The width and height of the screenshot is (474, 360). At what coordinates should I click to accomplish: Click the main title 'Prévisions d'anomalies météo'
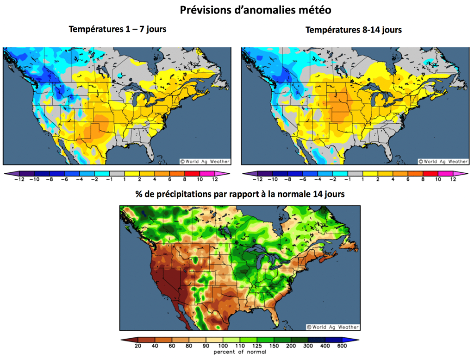point(255,10)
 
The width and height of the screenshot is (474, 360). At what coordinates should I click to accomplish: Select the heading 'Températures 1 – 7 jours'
point(118,29)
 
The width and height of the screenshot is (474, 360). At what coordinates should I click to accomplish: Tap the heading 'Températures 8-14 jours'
point(354,30)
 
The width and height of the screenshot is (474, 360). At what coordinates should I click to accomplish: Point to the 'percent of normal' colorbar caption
point(240,352)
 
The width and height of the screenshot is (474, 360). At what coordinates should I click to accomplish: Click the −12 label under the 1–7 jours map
point(19,179)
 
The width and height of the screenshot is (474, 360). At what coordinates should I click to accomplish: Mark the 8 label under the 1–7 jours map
point(185,179)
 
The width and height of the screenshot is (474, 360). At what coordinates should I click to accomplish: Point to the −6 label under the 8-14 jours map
point(302,179)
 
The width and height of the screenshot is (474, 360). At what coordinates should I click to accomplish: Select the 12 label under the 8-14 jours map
point(453,179)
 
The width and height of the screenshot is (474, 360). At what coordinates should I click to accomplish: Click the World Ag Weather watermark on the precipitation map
point(334,327)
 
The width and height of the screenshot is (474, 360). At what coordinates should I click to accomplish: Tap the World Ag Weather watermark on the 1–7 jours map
point(205,161)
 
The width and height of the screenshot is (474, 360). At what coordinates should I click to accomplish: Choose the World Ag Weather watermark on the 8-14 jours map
point(443,161)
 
